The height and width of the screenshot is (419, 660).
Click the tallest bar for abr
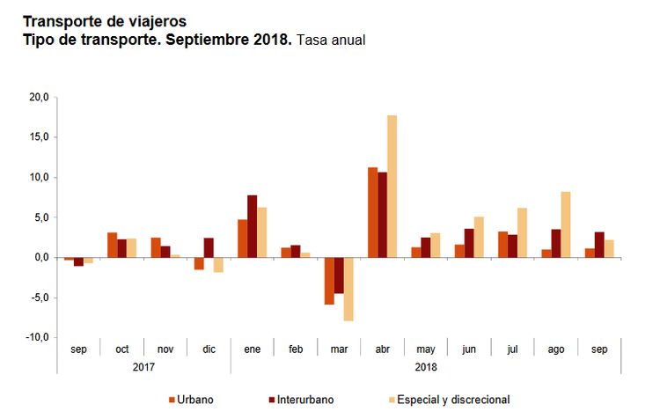392,187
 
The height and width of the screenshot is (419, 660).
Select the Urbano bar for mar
330,281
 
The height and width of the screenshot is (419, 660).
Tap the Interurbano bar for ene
253,226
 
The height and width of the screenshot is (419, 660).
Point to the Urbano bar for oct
112,245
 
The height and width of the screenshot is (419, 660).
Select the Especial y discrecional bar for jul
522,232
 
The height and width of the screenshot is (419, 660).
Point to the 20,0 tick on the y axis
39,97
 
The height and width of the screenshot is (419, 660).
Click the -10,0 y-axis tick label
37,338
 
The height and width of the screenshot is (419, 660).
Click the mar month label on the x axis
340,349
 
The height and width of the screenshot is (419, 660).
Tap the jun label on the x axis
469,349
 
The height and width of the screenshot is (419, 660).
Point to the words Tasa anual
330,40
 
